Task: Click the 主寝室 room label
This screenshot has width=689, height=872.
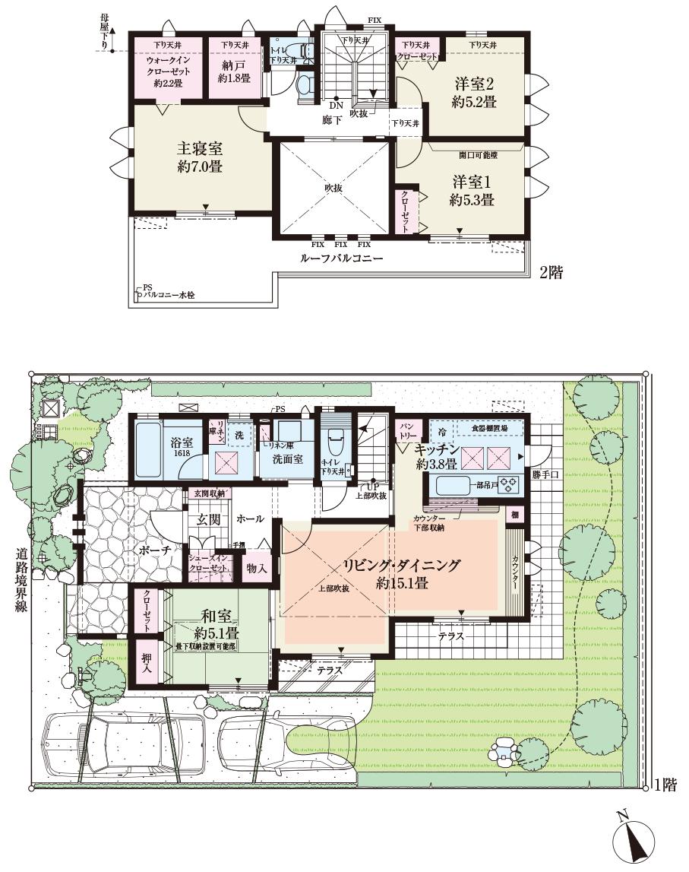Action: point(200,147)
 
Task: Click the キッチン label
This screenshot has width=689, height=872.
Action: point(436,450)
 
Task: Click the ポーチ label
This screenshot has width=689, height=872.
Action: point(165,549)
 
